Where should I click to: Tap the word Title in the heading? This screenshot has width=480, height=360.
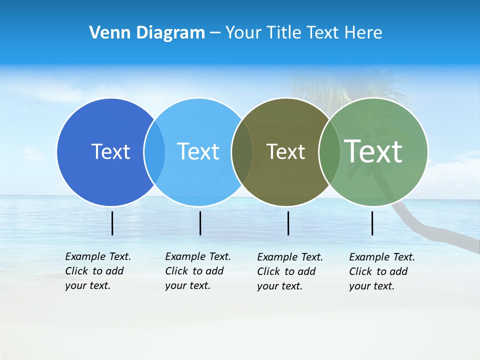tap(284, 33)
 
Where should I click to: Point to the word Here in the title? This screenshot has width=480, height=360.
tap(363, 33)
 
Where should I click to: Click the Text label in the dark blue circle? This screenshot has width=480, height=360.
tap(110, 151)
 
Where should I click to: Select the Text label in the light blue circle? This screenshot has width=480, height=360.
tap(198, 151)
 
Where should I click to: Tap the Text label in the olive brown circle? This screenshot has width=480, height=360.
tap(285, 151)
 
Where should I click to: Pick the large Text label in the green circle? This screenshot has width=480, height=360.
tap(373, 151)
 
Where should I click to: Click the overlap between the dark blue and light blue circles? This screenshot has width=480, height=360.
tap(154, 151)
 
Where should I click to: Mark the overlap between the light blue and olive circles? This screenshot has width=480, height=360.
tap(242, 151)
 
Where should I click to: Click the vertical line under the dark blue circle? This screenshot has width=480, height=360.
tap(112, 223)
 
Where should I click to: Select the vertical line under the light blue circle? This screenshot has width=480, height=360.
tap(200, 223)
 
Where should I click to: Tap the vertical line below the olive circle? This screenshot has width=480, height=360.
tap(288, 223)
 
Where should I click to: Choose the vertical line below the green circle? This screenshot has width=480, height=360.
tap(372, 223)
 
